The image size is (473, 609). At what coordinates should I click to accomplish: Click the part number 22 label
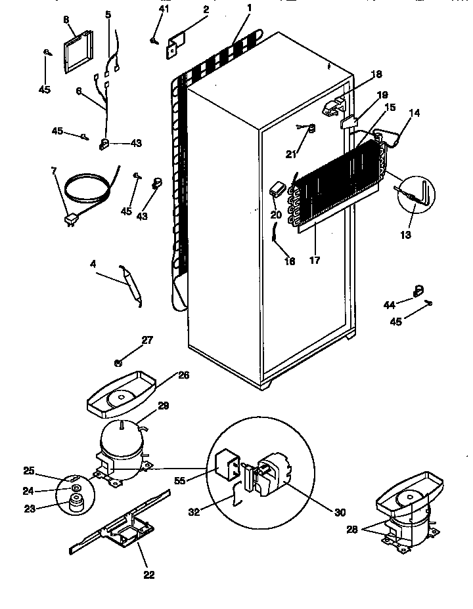[x=149, y=575]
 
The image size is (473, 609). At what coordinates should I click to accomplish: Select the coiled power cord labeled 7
[x=88, y=185]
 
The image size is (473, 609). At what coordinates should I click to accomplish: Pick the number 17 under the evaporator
[x=315, y=261]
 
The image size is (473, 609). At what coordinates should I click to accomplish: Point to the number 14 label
[x=414, y=113]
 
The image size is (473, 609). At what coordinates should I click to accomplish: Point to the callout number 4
[x=93, y=264]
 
